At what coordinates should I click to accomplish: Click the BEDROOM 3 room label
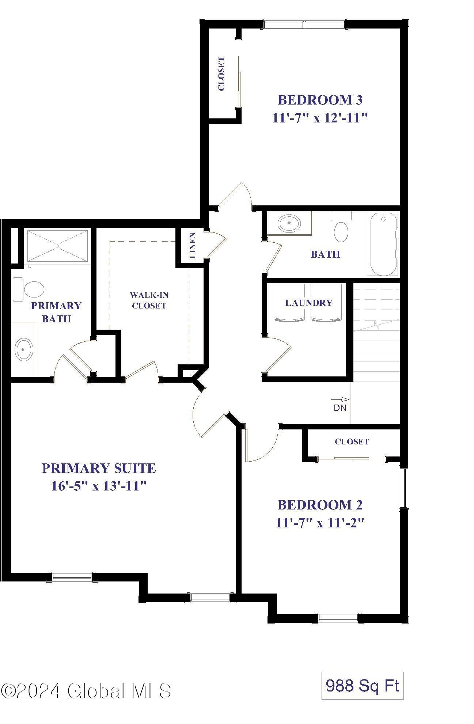click(x=320, y=99)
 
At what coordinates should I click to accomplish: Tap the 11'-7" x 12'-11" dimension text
click(x=319, y=118)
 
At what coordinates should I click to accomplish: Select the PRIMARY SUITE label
click(x=99, y=468)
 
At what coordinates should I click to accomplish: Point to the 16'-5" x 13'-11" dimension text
click(x=99, y=486)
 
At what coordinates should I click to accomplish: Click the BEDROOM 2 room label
click(x=320, y=505)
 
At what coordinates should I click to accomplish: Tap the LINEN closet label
click(x=193, y=245)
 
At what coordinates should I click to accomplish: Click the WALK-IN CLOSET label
click(x=149, y=300)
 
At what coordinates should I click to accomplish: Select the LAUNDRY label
click(x=309, y=303)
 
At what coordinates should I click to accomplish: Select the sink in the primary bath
click(x=23, y=349)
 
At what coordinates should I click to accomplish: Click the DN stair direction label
click(x=340, y=408)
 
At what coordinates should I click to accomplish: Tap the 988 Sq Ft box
click(x=362, y=685)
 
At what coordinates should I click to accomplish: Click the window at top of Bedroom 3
click(x=304, y=24)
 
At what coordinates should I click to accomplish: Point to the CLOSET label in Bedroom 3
click(x=221, y=73)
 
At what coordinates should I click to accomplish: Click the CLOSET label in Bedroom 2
click(x=352, y=441)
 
